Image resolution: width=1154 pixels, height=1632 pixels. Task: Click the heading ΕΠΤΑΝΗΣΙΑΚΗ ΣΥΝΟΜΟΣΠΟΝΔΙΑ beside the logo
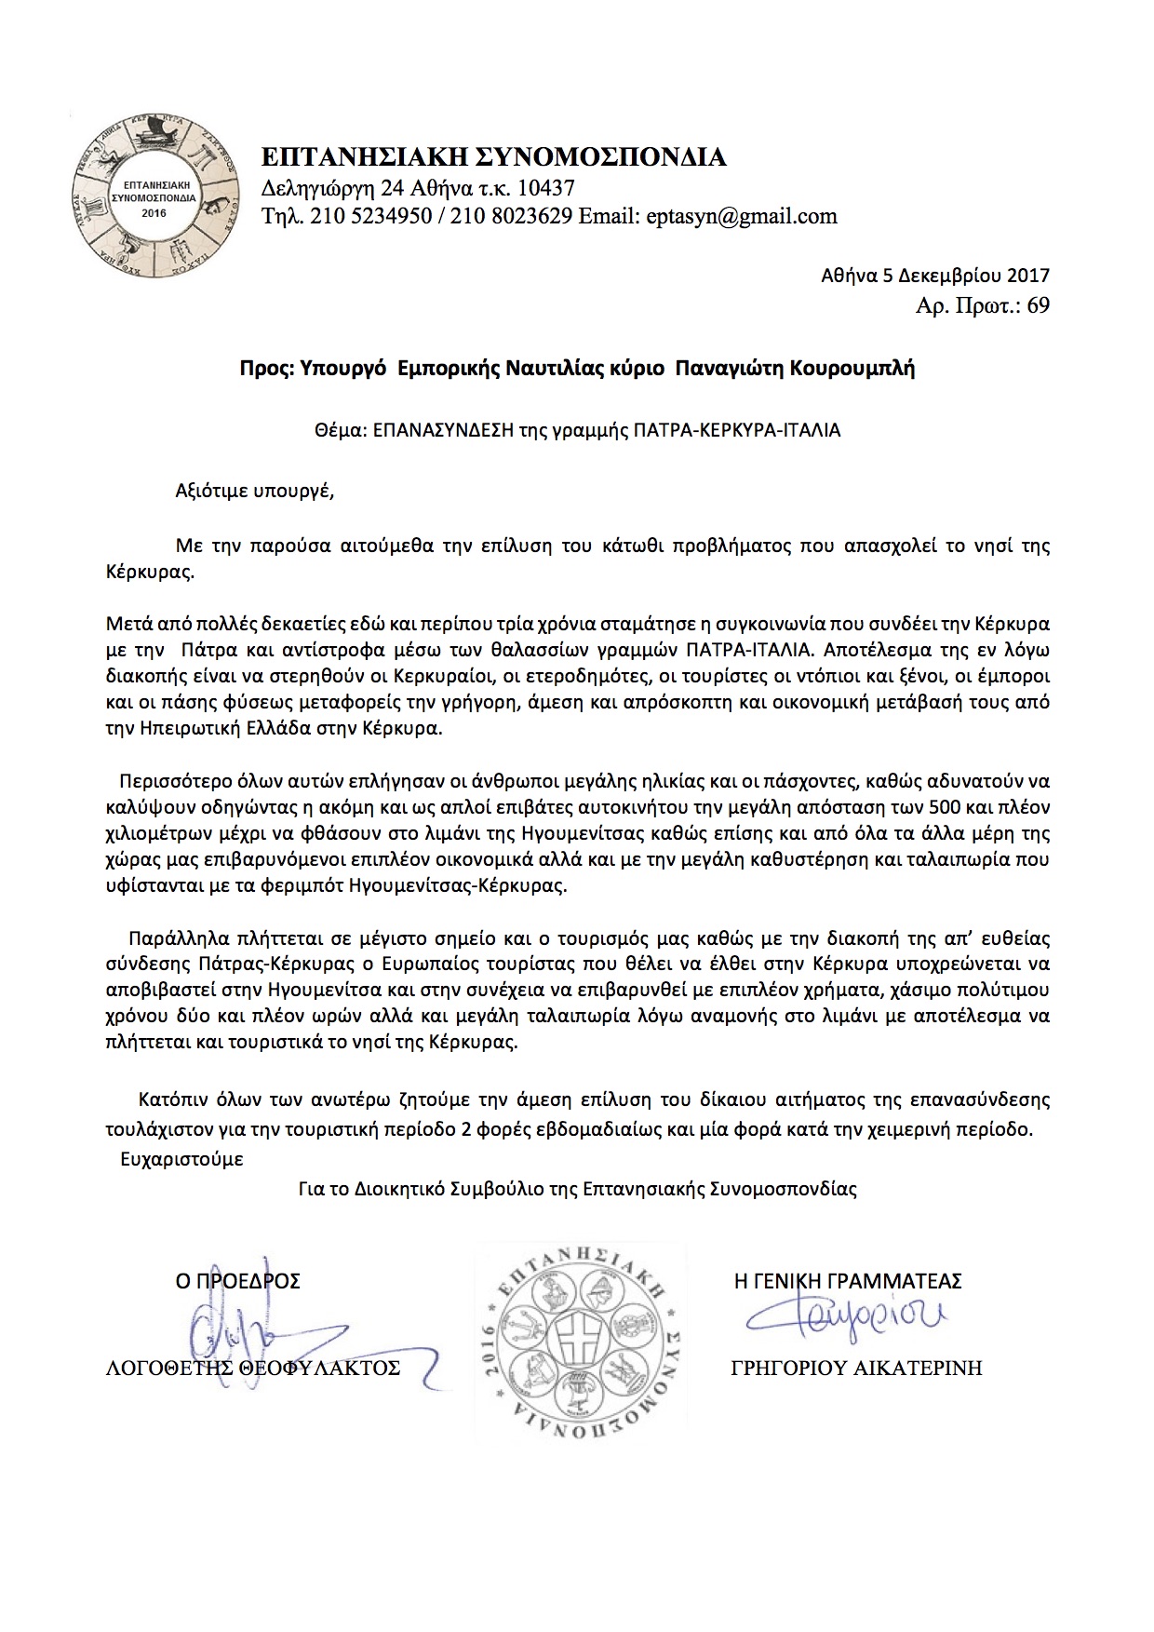point(493,157)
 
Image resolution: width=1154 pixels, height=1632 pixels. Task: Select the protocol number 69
point(1038,304)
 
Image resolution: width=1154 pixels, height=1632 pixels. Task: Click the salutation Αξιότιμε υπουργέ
point(254,492)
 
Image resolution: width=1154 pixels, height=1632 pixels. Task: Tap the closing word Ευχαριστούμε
point(182,1160)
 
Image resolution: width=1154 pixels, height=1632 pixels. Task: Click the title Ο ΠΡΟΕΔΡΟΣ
point(238,1281)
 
